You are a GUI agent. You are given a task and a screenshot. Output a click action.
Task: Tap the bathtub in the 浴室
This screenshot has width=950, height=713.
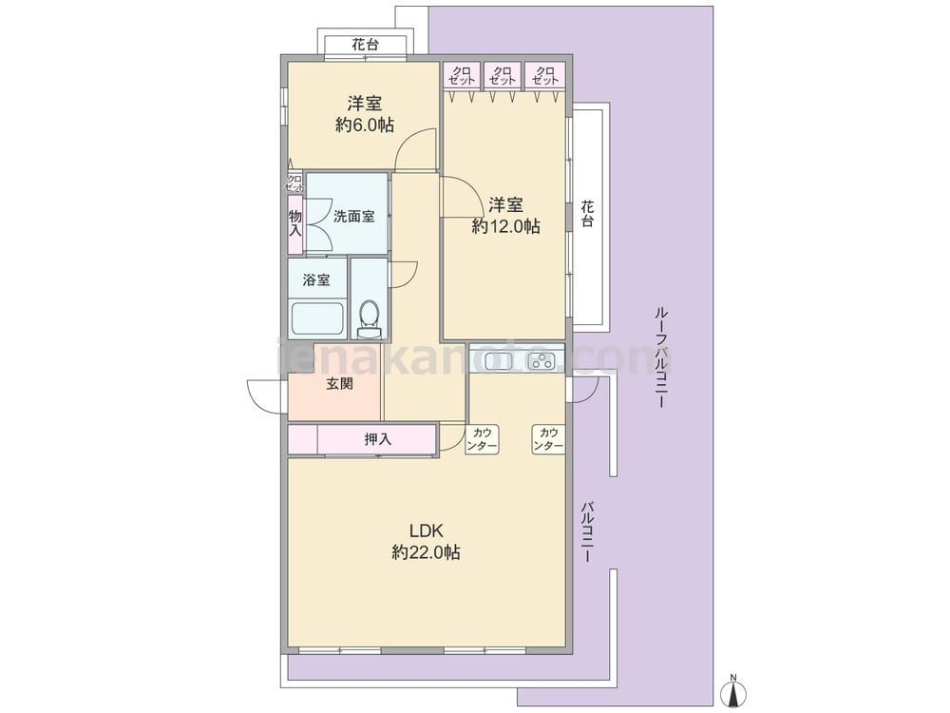[317, 318]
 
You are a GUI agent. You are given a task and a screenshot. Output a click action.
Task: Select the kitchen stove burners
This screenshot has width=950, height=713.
[541, 361]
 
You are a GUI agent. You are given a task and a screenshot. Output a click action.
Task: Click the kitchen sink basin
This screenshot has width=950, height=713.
[491, 360]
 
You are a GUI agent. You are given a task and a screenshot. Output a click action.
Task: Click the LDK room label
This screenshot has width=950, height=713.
[427, 531]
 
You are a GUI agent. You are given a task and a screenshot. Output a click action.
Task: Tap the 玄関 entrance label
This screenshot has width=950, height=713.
[339, 384]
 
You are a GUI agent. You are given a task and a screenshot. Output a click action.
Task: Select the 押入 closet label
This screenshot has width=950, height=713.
[378, 439]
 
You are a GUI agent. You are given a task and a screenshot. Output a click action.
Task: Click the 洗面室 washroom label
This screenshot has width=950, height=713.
[353, 216]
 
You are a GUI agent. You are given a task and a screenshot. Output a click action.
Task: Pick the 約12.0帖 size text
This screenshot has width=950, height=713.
[506, 226]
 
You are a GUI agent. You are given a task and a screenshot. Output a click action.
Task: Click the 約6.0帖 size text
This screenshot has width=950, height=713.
[365, 125]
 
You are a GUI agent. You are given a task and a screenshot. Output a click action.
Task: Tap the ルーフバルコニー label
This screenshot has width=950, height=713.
[661, 357]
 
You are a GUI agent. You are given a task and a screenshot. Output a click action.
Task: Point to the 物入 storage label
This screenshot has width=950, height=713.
[295, 223]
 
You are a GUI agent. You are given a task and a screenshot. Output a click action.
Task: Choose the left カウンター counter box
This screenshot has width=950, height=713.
[483, 439]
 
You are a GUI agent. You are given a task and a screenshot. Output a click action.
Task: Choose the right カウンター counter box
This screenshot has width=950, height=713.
[548, 439]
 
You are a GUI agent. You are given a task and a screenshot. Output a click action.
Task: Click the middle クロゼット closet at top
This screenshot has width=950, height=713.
[503, 75]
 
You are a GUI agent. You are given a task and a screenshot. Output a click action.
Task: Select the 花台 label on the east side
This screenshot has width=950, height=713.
[587, 213]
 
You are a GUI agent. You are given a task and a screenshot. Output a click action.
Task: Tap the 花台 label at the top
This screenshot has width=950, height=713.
[366, 45]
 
